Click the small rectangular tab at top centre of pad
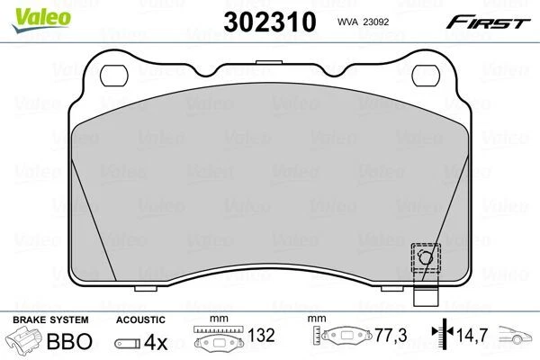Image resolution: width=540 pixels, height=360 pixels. point(267,63)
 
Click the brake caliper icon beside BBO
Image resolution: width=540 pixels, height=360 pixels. point(26,342)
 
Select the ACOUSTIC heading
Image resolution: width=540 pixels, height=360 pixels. point(140,319)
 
